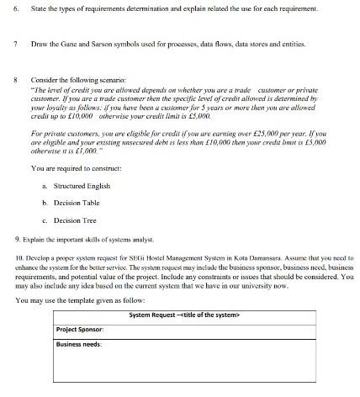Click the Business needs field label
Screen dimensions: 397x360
[x=78, y=343]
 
